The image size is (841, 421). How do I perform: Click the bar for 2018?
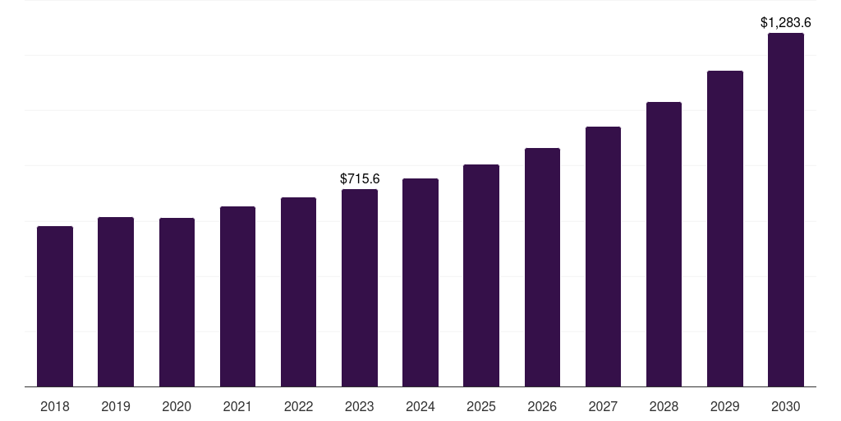click(x=55, y=306)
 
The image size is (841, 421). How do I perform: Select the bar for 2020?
click(x=177, y=302)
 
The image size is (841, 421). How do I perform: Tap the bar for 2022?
click(x=298, y=292)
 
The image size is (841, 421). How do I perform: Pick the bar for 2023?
click(x=360, y=288)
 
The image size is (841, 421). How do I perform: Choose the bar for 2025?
click(x=481, y=275)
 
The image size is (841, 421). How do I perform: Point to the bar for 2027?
click(x=603, y=257)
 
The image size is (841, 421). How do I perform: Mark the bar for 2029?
click(x=725, y=229)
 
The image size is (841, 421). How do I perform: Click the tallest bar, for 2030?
click(x=786, y=210)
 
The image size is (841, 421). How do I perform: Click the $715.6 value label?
click(x=360, y=178)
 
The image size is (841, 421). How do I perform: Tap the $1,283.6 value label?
click(x=786, y=22)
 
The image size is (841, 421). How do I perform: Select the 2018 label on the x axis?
click(x=55, y=406)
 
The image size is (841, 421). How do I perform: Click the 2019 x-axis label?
click(x=116, y=406)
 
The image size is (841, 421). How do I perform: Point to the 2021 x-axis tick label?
click(x=237, y=406)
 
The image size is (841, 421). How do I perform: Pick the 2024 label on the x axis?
click(x=420, y=406)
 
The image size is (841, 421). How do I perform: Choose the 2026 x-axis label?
click(x=542, y=406)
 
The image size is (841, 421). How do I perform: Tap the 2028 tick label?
click(x=664, y=406)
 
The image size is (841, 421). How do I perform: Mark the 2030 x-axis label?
click(x=786, y=406)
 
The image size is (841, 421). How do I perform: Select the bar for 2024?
click(x=420, y=282)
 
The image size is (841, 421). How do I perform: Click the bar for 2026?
click(x=542, y=267)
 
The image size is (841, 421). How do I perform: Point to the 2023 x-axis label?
click(x=360, y=406)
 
